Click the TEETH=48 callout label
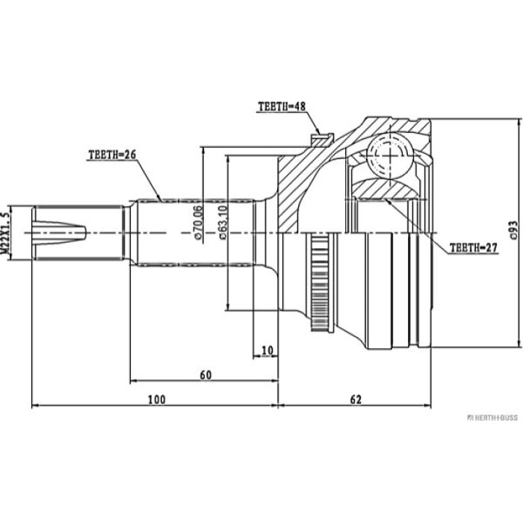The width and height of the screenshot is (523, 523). pos(282,106)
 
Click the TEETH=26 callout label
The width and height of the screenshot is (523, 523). pos(112,155)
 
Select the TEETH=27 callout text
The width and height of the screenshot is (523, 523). pos(473,248)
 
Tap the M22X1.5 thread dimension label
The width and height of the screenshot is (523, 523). pos(4,233)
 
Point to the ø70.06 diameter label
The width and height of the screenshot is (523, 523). pos(198,222)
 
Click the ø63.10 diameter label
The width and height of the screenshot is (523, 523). pos(223,222)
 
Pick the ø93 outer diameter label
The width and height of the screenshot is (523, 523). pos(514,230)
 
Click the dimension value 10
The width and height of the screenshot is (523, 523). pos(267,350)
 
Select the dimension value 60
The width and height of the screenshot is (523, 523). pos(205,375)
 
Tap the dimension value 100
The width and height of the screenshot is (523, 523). pos(157,399)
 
